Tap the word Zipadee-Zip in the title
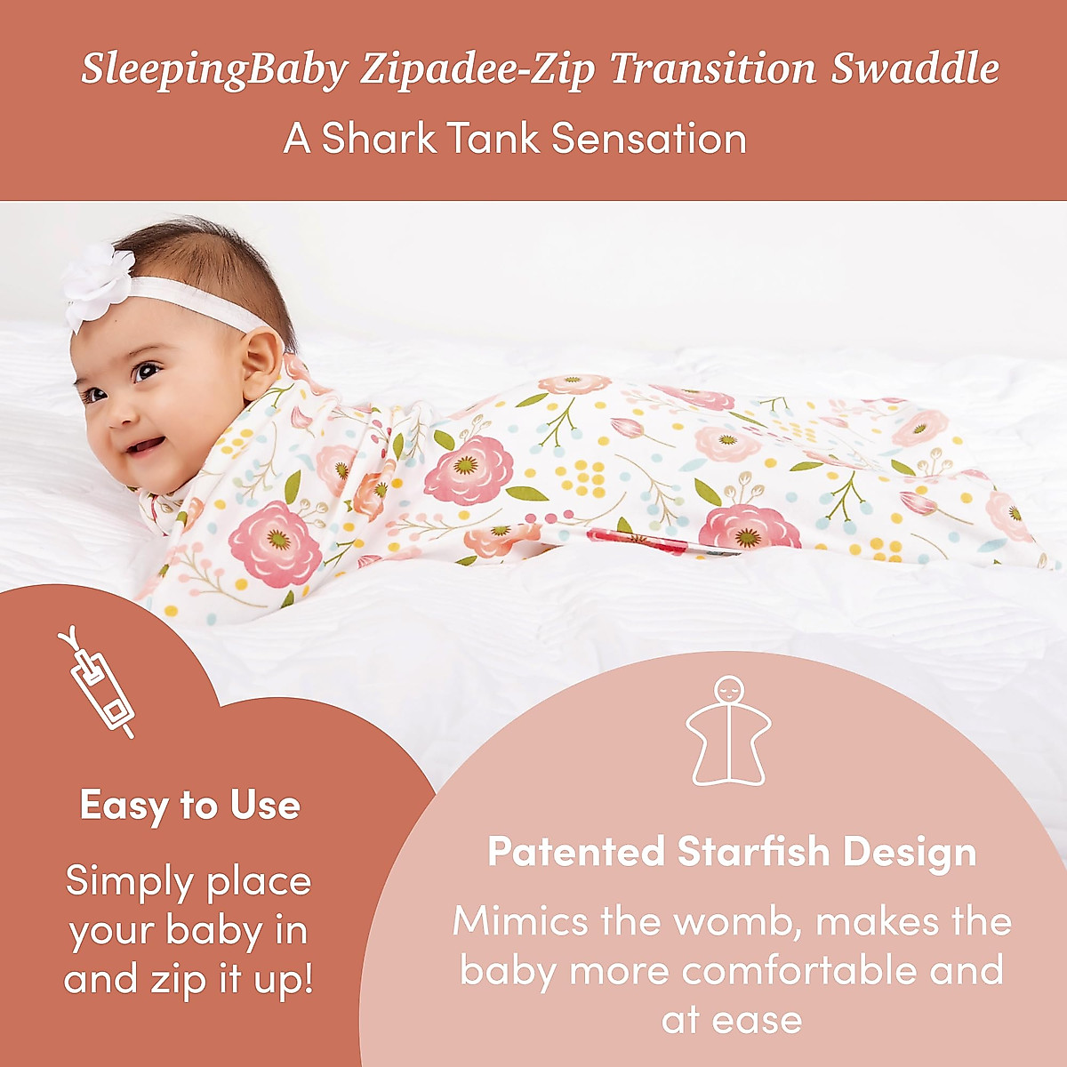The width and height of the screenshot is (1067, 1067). click(477, 69)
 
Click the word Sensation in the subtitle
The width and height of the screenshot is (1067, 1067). click(648, 139)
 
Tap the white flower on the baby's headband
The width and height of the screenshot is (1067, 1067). click(98, 283)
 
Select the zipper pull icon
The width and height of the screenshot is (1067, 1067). click(96, 683)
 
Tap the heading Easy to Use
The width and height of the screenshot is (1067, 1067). click(190, 806)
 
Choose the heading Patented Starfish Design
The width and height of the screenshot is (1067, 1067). click(732, 852)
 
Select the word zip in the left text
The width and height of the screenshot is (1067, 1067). click(169, 981)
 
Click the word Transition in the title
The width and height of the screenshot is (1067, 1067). click(712, 68)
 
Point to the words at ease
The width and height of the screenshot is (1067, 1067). click(732, 1020)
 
